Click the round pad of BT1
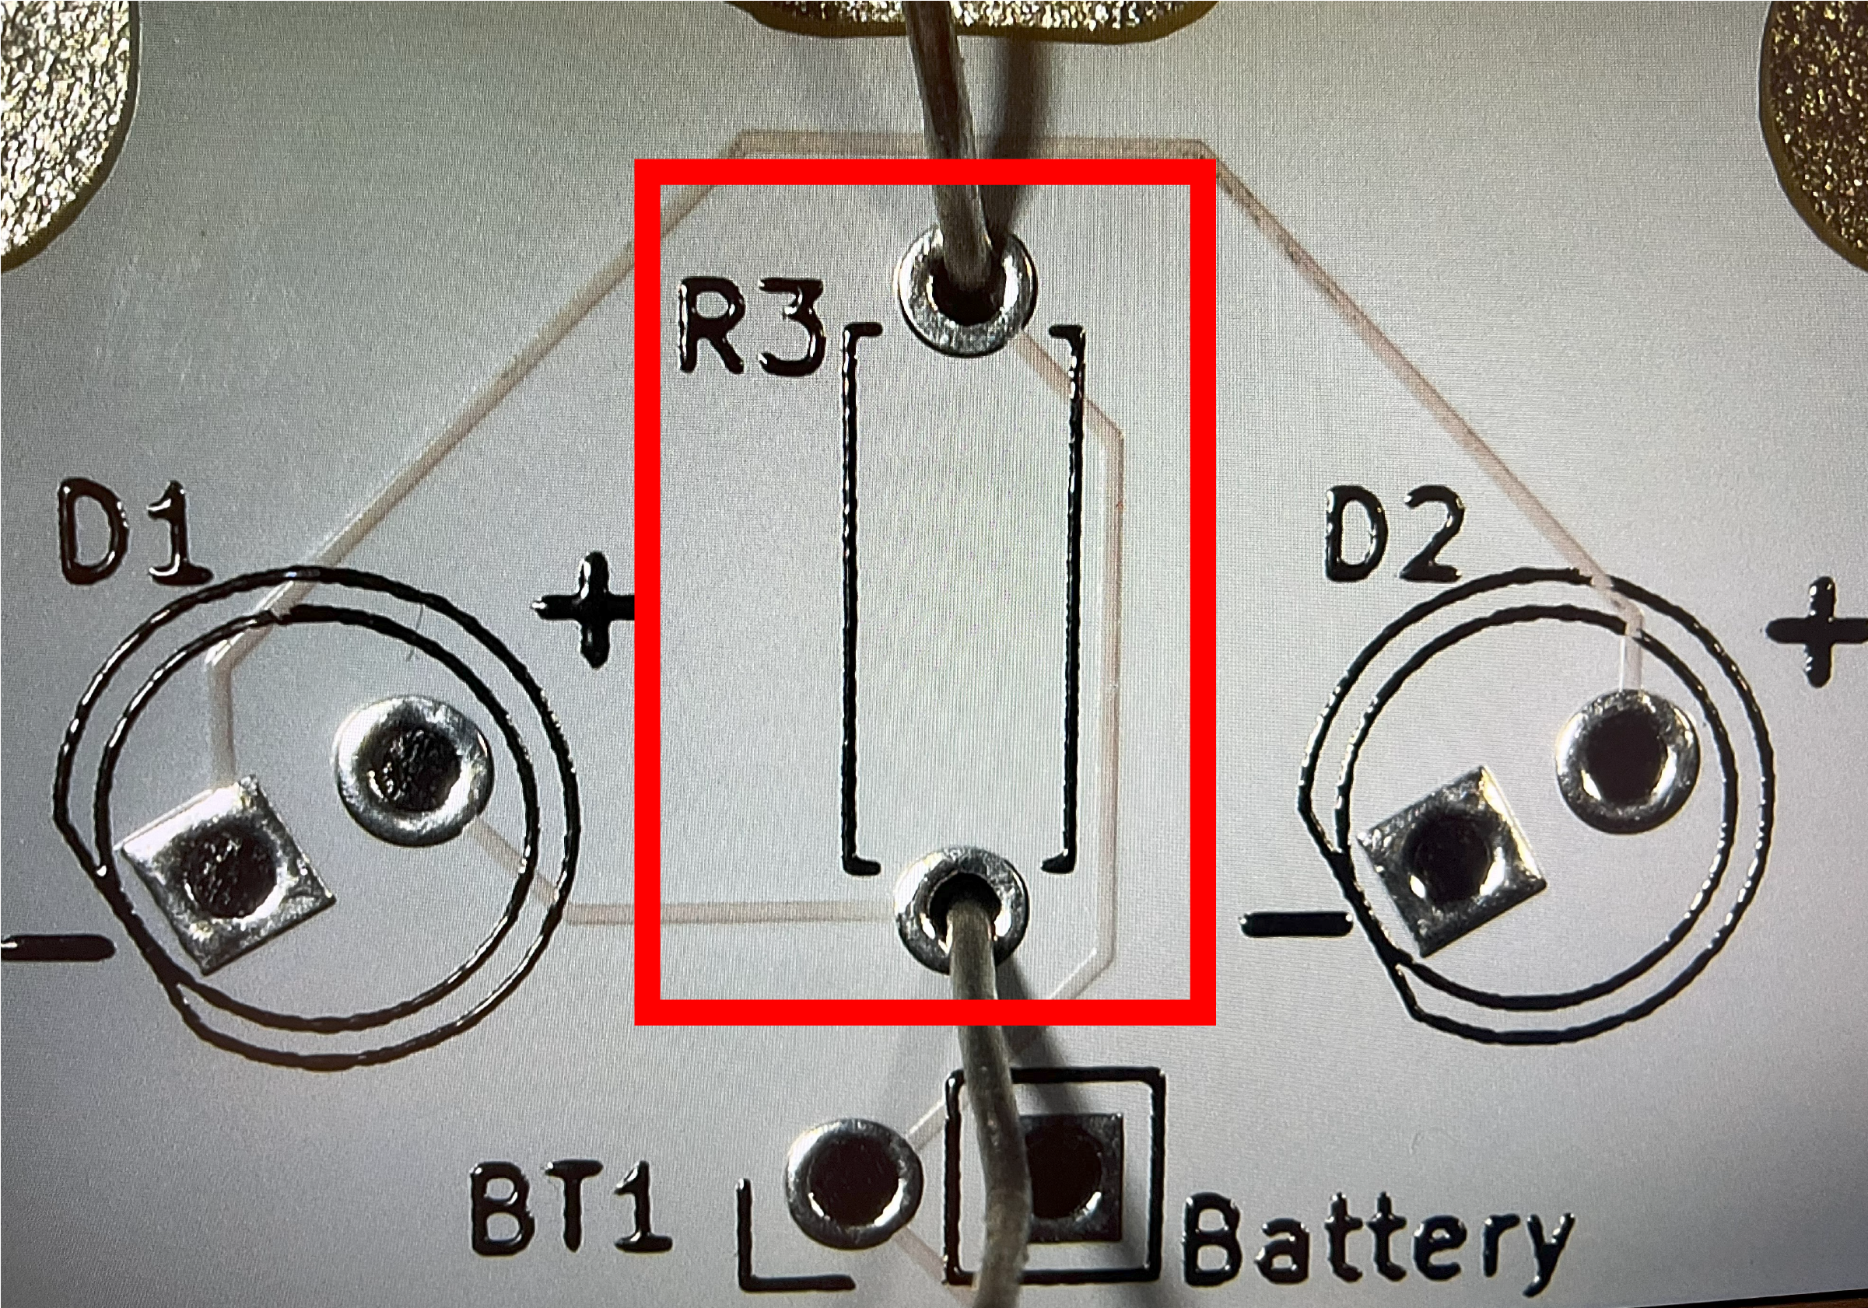tap(850, 1189)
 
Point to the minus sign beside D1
tap(53, 948)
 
